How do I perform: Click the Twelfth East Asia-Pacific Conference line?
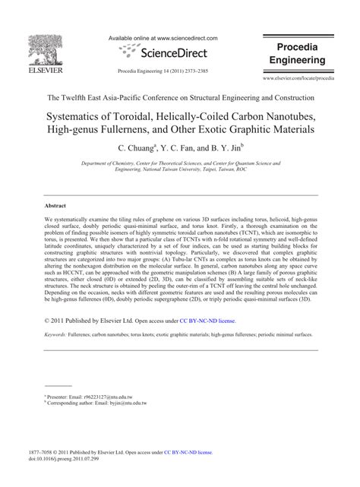click(x=180, y=98)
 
